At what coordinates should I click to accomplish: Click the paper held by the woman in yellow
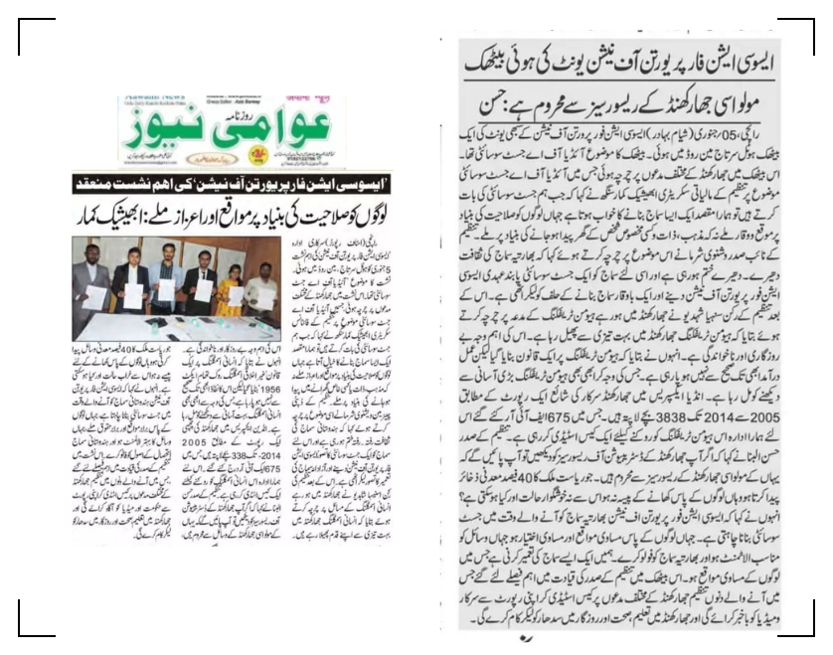pyautogui.click(x=236, y=295)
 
